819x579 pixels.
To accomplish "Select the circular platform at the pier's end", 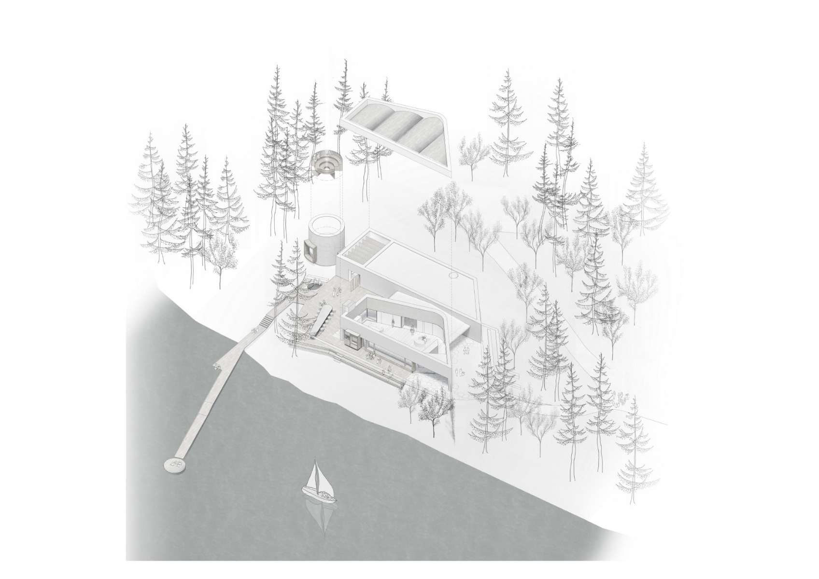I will [175, 465].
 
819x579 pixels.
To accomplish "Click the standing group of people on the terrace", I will [337, 290].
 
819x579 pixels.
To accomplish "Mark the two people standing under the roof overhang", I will [466, 351].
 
